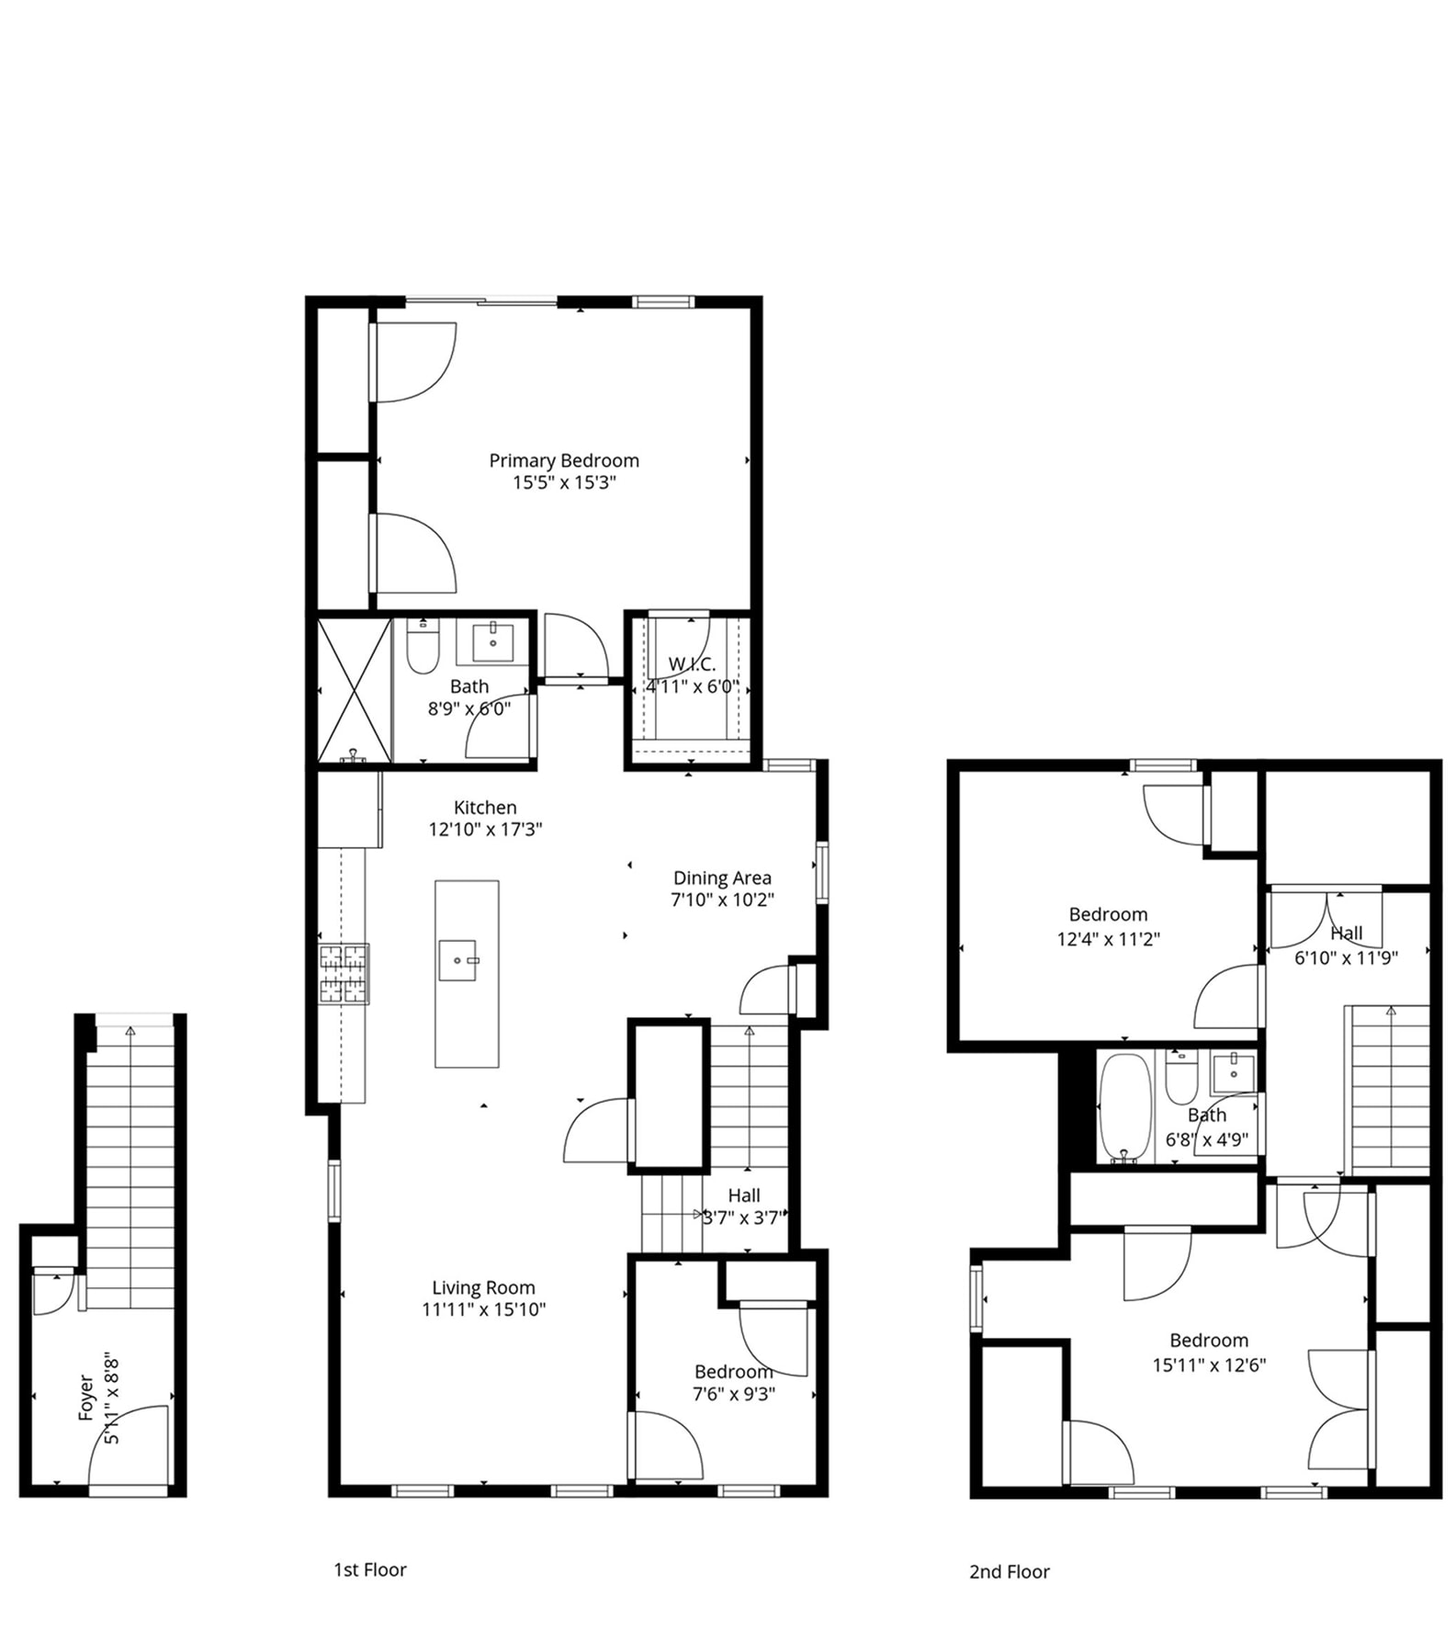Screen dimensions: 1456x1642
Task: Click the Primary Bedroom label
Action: (x=564, y=460)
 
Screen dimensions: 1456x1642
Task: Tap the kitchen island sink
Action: (x=458, y=960)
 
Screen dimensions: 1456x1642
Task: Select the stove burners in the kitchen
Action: (x=344, y=974)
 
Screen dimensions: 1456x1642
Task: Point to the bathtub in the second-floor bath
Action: (x=1125, y=1107)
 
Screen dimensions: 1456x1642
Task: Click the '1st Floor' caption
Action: (x=370, y=1569)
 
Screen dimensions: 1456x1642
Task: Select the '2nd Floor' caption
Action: (x=1010, y=1571)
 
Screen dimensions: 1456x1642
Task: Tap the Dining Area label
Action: (x=722, y=878)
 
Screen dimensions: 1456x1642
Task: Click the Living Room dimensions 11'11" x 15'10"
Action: (x=484, y=1309)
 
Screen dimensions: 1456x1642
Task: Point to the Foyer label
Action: (x=86, y=1398)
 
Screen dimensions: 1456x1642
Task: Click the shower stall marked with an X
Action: (x=355, y=690)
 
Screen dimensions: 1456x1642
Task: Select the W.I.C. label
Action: (x=692, y=664)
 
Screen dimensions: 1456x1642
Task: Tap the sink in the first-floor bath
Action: (x=493, y=641)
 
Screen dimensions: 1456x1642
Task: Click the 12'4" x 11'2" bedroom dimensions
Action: (x=1109, y=939)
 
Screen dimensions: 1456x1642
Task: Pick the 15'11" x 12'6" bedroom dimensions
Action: (x=1209, y=1365)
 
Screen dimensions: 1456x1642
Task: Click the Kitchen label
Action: (x=485, y=807)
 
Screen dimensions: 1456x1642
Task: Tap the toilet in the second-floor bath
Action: (x=1181, y=1078)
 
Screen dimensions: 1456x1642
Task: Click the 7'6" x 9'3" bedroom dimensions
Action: (x=734, y=1394)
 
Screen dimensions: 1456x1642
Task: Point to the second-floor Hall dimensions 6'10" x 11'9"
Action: (x=1347, y=957)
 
